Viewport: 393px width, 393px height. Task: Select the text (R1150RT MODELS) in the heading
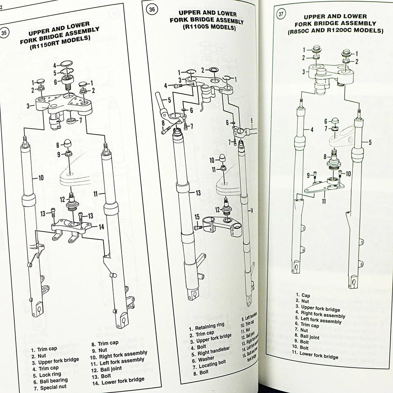(61, 46)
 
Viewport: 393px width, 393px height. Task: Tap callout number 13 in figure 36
(198, 193)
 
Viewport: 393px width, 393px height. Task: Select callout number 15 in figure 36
(197, 217)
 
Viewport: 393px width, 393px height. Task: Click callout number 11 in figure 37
(323, 201)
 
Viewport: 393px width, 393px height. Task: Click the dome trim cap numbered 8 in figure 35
(68, 144)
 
